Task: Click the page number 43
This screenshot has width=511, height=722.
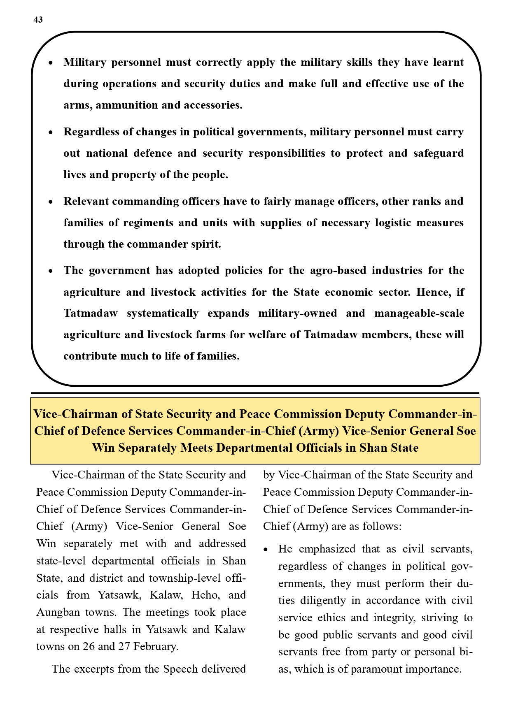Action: [x=38, y=20]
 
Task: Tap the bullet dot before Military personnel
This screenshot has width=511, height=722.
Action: [x=51, y=63]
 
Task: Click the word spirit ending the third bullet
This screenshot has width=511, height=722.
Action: [x=207, y=244]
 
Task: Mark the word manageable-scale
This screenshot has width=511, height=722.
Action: [x=419, y=313]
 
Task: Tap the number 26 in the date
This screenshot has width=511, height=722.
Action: [x=89, y=647]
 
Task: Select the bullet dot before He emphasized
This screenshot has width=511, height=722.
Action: [x=266, y=550]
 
